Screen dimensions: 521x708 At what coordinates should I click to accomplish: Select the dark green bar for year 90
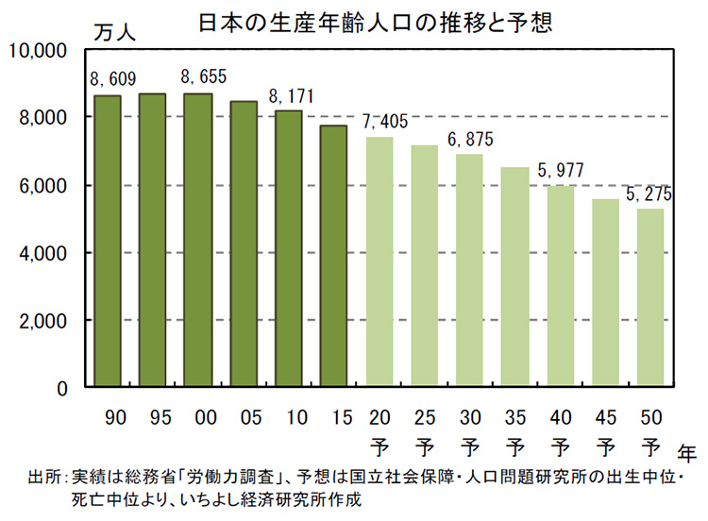coord(107,241)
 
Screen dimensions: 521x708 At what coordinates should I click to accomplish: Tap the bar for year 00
coord(197,240)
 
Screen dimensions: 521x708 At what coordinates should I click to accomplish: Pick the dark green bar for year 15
coord(333,256)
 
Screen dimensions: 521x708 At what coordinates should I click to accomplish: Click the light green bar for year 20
coord(379,261)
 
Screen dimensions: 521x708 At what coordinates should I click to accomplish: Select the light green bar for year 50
coord(651,297)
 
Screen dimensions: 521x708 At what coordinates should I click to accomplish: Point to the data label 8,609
coord(109,79)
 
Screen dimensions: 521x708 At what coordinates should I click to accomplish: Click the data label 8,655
coord(200,77)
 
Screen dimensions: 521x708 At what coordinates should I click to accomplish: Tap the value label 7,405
coord(382,121)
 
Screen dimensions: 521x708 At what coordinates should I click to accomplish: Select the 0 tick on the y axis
coord(60,388)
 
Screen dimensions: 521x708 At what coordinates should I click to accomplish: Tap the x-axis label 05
coord(243,416)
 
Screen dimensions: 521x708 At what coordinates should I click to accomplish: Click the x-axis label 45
coord(605,416)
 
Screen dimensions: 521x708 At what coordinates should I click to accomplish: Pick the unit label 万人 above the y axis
coord(114,31)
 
